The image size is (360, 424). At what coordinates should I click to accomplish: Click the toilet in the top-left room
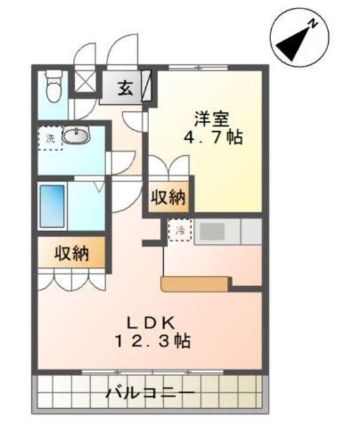pyautogui.click(x=53, y=87)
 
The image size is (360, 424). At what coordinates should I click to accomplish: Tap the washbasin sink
pyautogui.click(x=76, y=135)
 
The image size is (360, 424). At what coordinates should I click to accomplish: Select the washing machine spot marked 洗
pyautogui.click(x=50, y=138)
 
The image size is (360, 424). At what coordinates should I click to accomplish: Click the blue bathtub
pyautogui.click(x=52, y=206)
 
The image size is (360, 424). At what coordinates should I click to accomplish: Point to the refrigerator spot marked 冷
pyautogui.click(x=180, y=230)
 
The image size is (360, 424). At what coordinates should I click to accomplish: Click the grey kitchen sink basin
pyautogui.click(x=212, y=231)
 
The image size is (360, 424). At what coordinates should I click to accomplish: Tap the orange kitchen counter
pyautogui.click(x=195, y=284)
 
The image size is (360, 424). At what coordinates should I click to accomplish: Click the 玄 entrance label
pyautogui.click(x=125, y=88)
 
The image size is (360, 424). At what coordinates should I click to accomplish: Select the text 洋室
pyautogui.click(x=211, y=119)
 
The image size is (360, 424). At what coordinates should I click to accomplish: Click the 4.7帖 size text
pyautogui.click(x=213, y=138)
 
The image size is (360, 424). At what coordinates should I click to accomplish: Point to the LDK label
pyautogui.click(x=150, y=323)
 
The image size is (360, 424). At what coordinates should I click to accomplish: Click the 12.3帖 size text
pyautogui.click(x=153, y=341)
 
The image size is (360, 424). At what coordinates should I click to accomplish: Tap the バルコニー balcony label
pyautogui.click(x=150, y=393)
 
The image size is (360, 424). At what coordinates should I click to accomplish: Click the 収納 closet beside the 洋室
pyautogui.click(x=168, y=197)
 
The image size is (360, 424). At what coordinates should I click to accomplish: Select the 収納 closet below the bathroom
pyautogui.click(x=72, y=253)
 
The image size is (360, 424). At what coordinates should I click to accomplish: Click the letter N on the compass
pyautogui.click(x=314, y=24)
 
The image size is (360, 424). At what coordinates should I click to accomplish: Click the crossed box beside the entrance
pyautogui.click(x=85, y=81)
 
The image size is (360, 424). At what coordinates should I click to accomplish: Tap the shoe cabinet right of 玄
pyautogui.click(x=146, y=85)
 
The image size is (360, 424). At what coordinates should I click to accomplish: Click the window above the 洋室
pyautogui.click(x=198, y=68)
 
